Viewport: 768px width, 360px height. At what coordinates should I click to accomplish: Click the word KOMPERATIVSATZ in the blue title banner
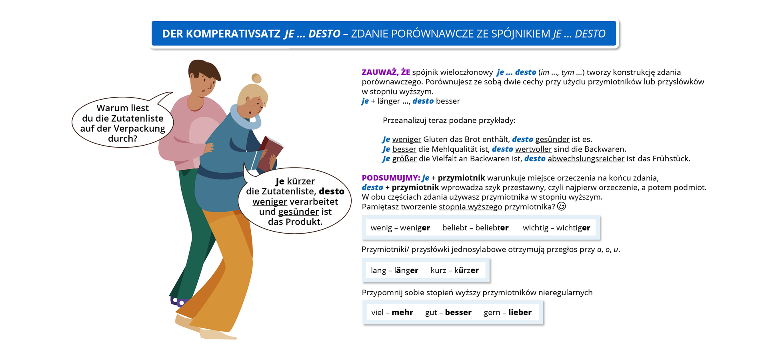233,34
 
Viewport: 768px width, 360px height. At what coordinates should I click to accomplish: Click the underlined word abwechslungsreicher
586,159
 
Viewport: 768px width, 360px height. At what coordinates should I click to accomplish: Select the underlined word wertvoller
533,149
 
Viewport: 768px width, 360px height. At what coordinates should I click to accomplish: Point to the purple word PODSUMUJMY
390,178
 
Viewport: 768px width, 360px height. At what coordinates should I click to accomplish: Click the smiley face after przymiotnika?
562,206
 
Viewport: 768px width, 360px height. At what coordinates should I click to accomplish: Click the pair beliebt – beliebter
475,228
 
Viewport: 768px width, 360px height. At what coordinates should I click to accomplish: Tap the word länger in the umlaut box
406,270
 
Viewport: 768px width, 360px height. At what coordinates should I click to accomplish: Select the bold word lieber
520,312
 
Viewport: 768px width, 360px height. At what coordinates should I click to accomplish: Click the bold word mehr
402,312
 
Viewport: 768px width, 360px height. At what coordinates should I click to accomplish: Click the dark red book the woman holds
270,154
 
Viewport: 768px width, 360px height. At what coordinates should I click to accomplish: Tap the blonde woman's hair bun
256,78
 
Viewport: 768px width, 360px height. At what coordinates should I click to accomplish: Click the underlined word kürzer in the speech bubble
301,181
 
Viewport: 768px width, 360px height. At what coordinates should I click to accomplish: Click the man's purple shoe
178,302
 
